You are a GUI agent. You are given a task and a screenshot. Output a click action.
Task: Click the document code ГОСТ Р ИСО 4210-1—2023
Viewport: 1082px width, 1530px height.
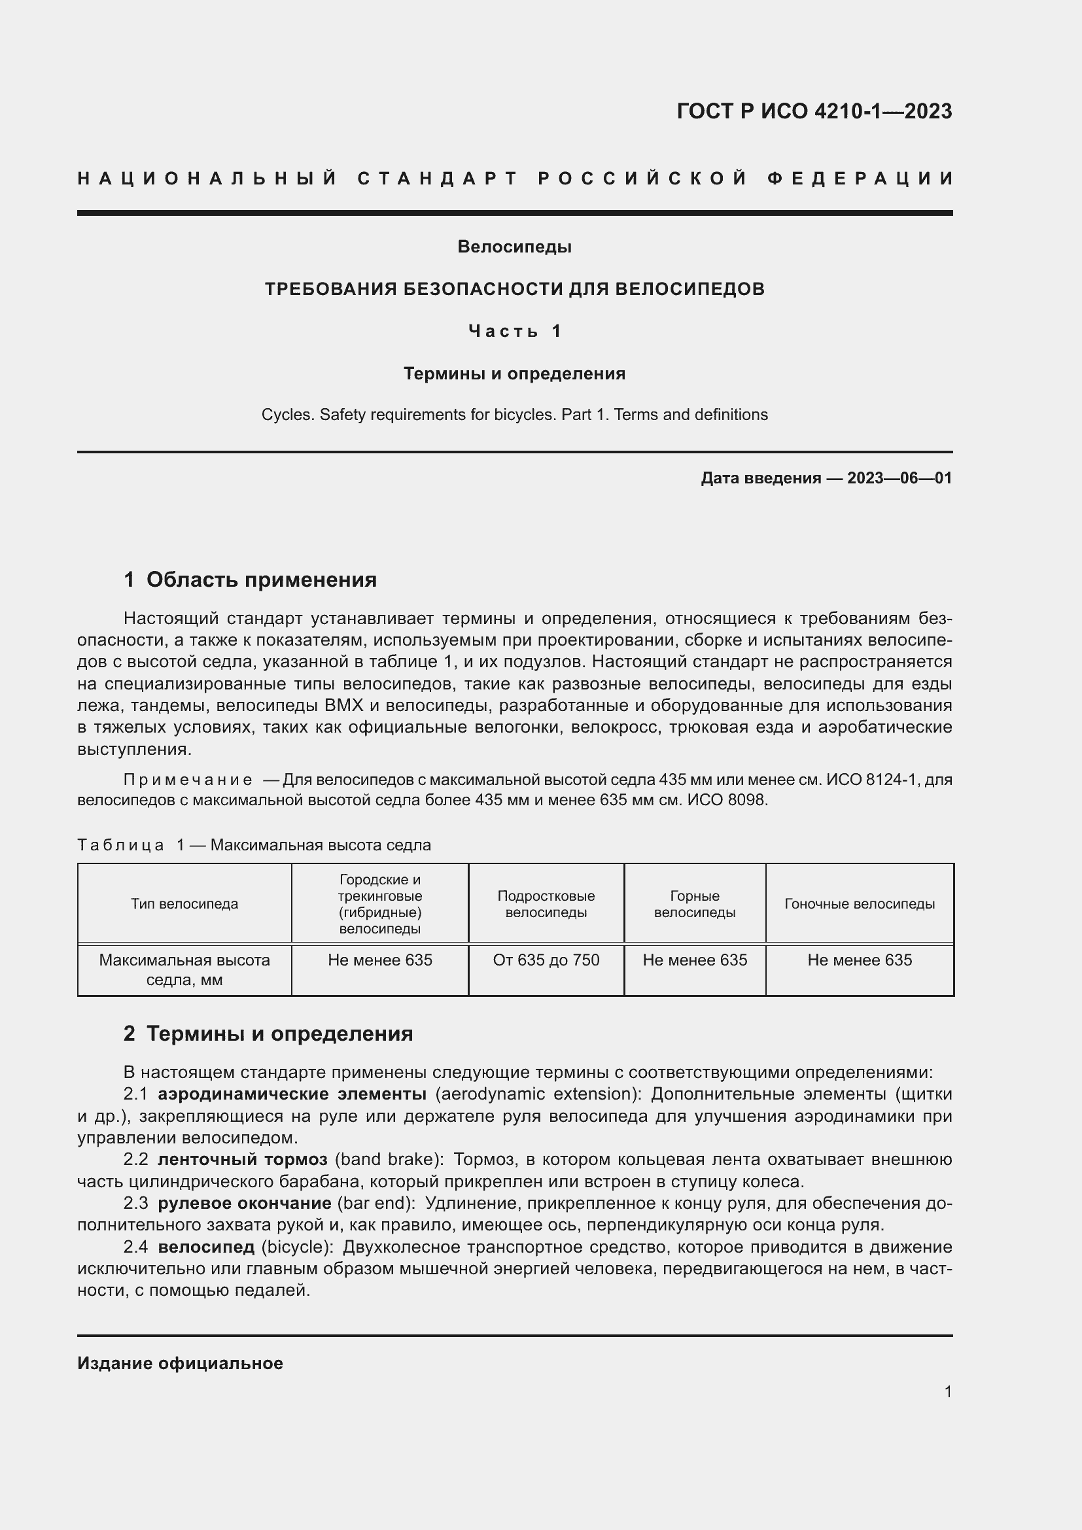point(814,111)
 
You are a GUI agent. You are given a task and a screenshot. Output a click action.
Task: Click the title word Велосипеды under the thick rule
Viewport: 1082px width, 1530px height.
point(514,247)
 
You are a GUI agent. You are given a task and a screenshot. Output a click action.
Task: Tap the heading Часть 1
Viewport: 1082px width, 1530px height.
point(514,331)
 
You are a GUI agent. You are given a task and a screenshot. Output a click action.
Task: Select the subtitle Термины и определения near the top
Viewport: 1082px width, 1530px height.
point(514,374)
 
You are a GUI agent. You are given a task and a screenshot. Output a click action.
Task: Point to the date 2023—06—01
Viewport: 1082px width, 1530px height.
point(899,478)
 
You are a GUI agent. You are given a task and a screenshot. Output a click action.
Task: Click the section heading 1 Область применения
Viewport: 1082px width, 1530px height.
point(250,580)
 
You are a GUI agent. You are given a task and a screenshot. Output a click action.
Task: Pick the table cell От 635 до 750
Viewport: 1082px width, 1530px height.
point(546,960)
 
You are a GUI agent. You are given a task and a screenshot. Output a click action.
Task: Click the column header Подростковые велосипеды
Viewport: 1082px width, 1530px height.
point(546,904)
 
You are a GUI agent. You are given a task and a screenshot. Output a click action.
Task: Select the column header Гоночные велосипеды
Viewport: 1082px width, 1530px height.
point(860,904)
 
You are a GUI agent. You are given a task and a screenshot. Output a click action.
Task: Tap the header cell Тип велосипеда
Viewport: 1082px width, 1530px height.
point(184,904)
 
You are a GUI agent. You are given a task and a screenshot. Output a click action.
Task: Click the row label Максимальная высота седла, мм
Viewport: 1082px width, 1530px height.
point(184,969)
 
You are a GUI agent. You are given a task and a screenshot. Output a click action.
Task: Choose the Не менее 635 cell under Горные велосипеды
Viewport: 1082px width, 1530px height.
point(695,960)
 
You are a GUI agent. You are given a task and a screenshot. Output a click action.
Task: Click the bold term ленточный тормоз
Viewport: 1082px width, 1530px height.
point(243,1160)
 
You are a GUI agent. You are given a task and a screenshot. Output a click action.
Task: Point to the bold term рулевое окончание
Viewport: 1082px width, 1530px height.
point(245,1204)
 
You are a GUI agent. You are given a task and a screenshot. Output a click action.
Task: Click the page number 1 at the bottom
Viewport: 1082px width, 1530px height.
point(947,1391)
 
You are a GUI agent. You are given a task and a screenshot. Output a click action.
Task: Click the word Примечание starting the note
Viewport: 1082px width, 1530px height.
point(188,780)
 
